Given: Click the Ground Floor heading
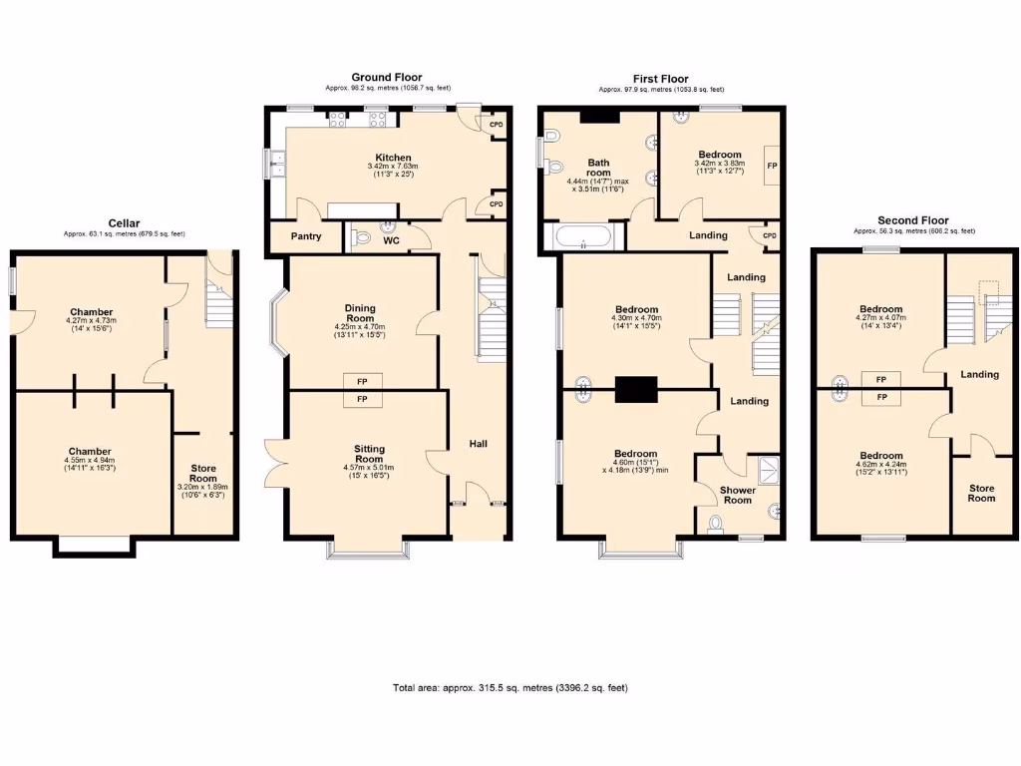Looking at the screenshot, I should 386,77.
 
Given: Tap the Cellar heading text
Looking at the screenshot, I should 124,223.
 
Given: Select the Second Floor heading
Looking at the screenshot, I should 912,220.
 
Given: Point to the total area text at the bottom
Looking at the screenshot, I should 510,688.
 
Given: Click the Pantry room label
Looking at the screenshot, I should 305,236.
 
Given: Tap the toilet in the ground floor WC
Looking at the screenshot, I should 363,237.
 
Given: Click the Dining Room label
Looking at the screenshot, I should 359,313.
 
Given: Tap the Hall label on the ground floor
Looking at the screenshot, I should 479,443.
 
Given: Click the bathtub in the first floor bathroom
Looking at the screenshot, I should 583,237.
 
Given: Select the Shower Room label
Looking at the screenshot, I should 737,495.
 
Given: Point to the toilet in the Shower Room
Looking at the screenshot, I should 714,526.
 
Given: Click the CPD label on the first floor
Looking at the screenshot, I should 769,236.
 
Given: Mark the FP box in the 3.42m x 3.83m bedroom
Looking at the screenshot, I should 771,165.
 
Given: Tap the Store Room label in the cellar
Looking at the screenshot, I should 204,473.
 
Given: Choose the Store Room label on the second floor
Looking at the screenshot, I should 981,493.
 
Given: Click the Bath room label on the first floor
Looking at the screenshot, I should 598,169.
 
